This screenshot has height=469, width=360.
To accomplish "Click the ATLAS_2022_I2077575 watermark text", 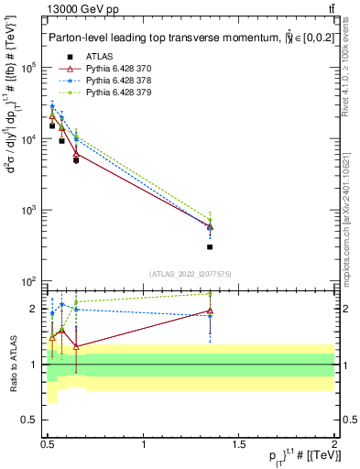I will click(191, 274).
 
